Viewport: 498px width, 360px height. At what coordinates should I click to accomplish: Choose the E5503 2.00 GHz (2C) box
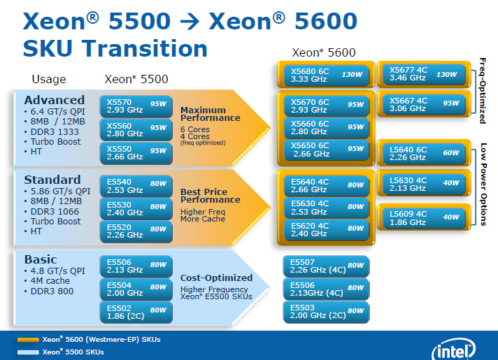coord(326,311)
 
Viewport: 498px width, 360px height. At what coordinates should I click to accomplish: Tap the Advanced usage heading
coord(54,100)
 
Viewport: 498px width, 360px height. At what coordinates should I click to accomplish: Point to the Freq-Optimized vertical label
coord(483,90)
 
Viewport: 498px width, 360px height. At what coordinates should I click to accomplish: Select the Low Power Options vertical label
coord(483,184)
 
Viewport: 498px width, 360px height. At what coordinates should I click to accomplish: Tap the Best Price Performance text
coord(210,196)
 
